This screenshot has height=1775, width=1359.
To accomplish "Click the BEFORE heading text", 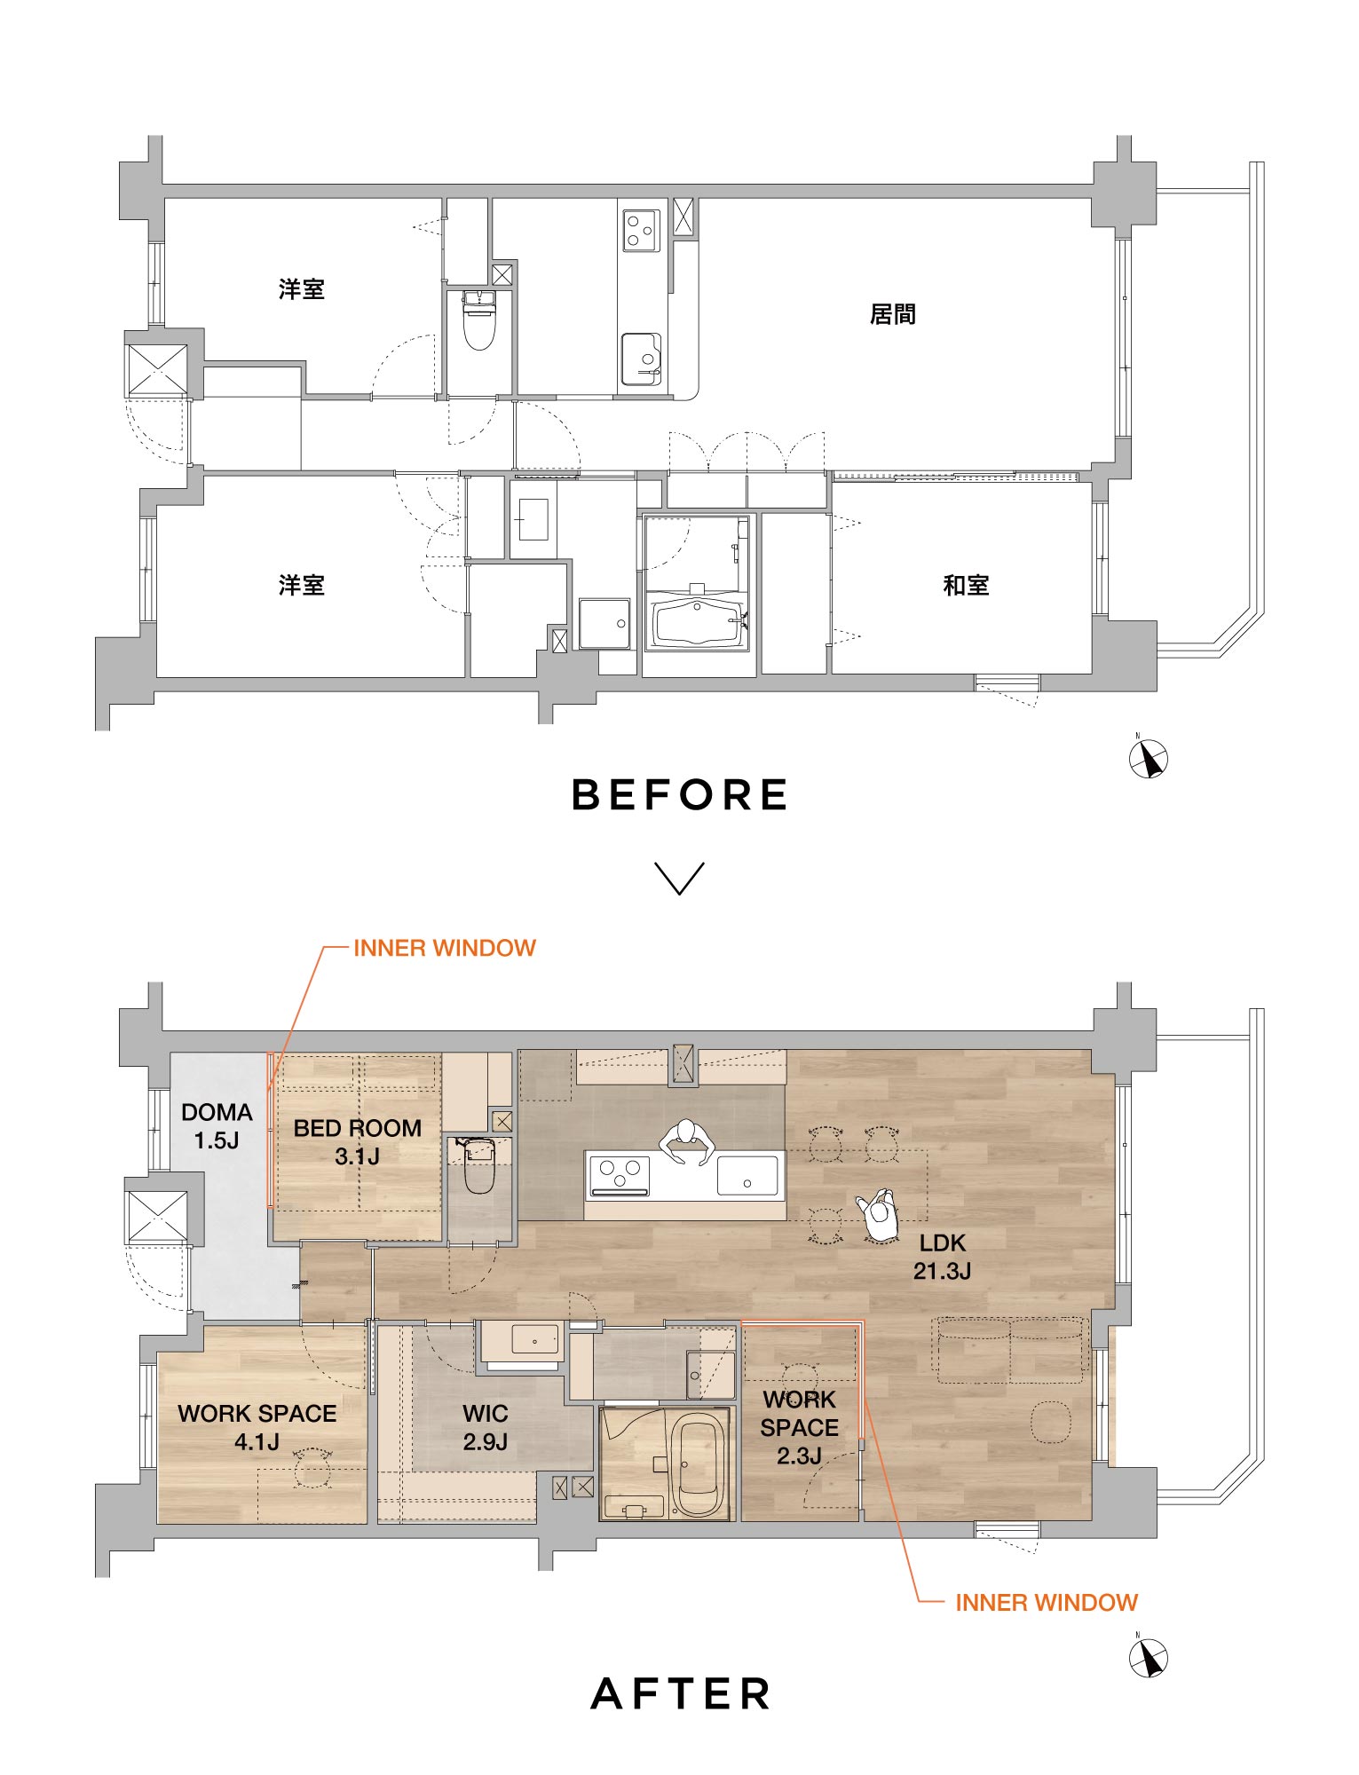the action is click(x=680, y=794).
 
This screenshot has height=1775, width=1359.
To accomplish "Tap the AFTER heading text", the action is click(x=681, y=1693).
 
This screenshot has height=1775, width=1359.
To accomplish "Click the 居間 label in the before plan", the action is click(x=892, y=314).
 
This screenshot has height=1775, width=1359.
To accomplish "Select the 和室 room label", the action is click(x=966, y=585).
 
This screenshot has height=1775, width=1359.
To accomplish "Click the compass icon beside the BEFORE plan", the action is click(x=1148, y=760).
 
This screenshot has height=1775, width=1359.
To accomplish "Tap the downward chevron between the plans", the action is click(x=680, y=878).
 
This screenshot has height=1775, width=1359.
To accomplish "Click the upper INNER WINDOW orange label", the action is click(x=445, y=948).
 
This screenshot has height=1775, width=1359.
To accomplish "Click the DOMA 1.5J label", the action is click(x=217, y=1126).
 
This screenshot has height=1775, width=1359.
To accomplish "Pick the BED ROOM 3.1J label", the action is click(x=358, y=1142).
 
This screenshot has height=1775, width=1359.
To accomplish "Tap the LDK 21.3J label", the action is click(x=943, y=1257).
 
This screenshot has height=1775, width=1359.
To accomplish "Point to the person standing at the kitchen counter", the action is click(x=686, y=1141).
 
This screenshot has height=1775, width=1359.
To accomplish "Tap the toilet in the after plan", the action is click(x=479, y=1164).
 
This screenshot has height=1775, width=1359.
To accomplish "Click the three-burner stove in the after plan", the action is click(x=618, y=1174).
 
